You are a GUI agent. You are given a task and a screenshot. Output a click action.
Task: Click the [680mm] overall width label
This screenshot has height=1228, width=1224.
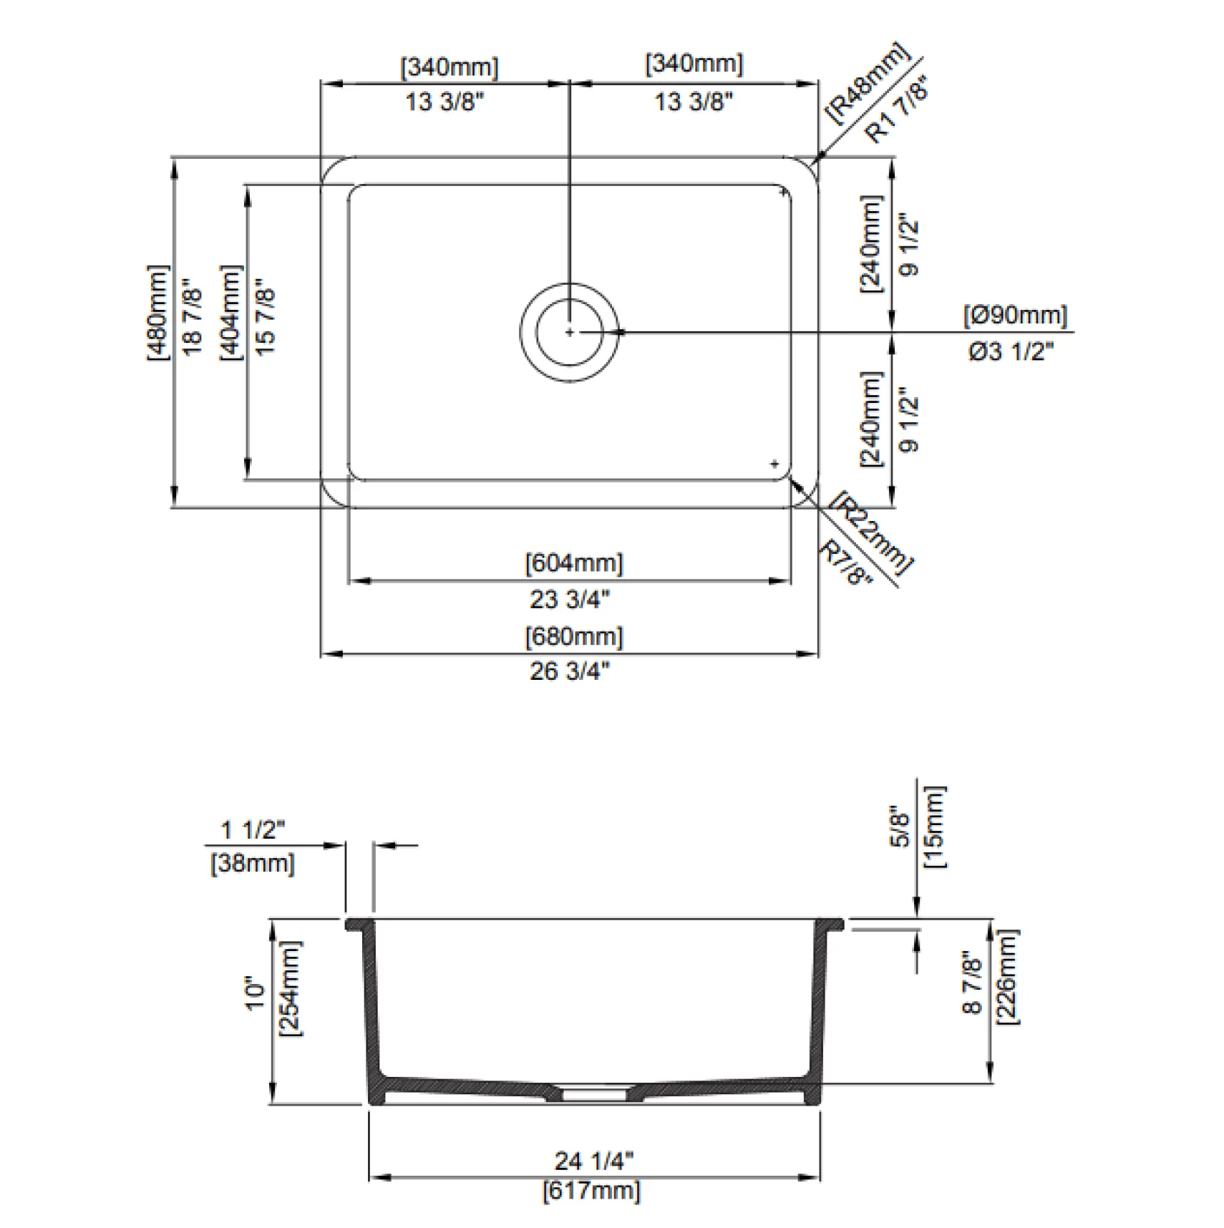[574, 637]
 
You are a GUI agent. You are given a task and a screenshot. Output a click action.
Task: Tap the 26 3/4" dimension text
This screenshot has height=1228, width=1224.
[570, 671]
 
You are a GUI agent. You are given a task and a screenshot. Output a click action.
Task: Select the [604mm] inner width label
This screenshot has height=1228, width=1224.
[574, 563]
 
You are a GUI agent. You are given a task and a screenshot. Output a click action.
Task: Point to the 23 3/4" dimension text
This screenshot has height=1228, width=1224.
[570, 599]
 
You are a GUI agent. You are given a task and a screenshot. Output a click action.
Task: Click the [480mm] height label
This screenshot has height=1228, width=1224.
[158, 313]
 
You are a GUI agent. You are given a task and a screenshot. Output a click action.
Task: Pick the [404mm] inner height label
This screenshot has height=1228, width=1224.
[231, 313]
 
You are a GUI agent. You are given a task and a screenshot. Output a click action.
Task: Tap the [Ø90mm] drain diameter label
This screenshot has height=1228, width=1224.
[1015, 315]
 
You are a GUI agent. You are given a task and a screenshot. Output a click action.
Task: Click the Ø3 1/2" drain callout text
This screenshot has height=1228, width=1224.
[1011, 351]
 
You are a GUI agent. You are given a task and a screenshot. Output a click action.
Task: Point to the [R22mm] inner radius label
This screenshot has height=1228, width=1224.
[873, 533]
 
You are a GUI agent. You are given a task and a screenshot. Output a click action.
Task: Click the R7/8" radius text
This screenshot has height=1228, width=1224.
[846, 562]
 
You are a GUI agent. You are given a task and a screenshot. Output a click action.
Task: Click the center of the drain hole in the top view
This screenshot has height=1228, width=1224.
[570, 332]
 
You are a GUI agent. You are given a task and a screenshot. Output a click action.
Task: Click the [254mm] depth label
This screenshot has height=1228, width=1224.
[291, 988]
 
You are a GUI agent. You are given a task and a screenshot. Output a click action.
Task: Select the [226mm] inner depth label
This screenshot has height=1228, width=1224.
[1007, 977]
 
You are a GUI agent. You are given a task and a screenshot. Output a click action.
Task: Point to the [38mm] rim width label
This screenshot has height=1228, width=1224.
[253, 863]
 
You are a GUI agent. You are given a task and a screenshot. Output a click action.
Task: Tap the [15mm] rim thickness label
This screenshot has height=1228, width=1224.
[934, 827]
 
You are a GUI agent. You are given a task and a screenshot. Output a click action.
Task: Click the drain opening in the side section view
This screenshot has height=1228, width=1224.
[594, 1093]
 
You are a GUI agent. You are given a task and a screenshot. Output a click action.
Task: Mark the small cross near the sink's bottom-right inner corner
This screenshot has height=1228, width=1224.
[774, 464]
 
